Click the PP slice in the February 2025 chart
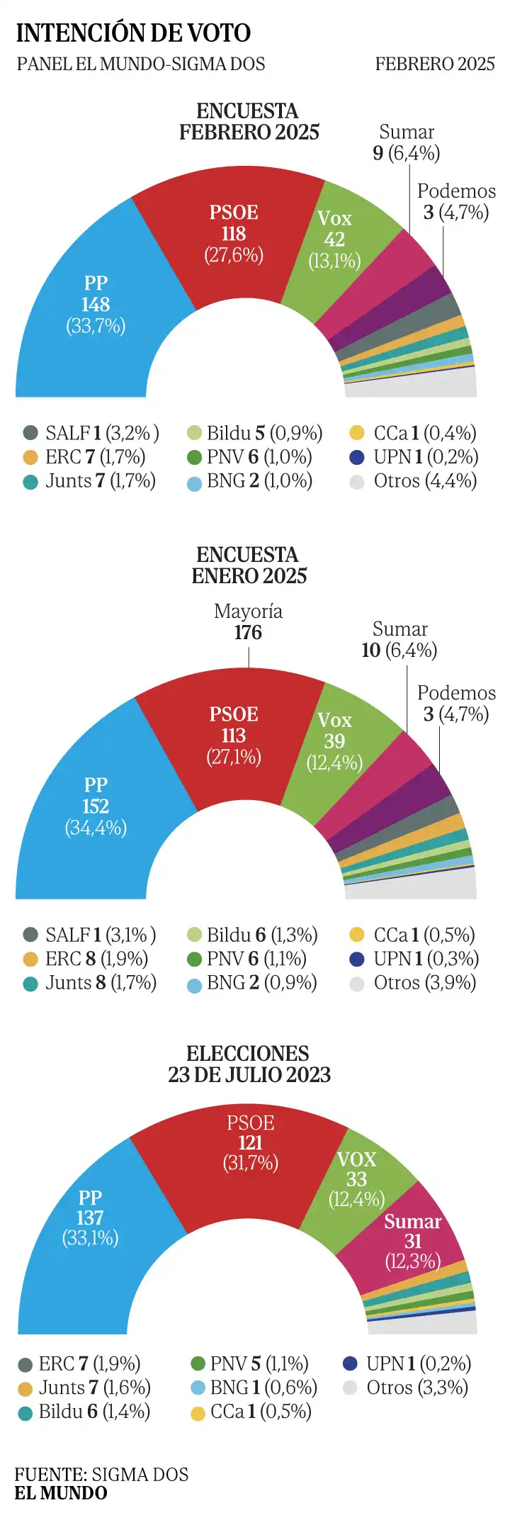(96, 305)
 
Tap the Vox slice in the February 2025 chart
(334, 240)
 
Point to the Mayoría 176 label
(248, 622)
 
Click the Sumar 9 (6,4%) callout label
(407, 142)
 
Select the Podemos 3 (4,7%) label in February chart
(456, 202)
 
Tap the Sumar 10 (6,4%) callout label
(399, 640)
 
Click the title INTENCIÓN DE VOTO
(133, 33)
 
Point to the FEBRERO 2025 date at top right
(435, 64)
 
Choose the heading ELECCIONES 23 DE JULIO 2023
(249, 1064)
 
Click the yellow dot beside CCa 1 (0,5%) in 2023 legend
(198, 1412)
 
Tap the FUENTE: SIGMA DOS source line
(101, 1475)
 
